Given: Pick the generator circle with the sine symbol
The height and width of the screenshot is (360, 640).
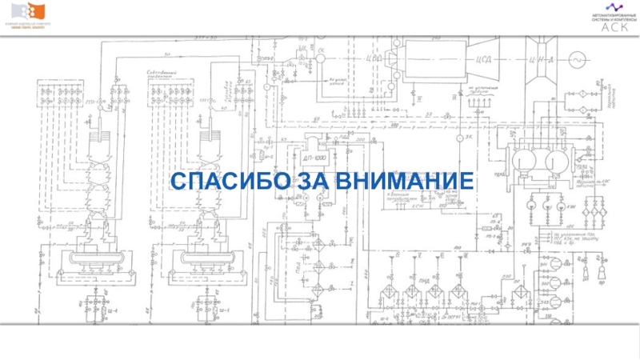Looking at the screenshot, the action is (x=575, y=58).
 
